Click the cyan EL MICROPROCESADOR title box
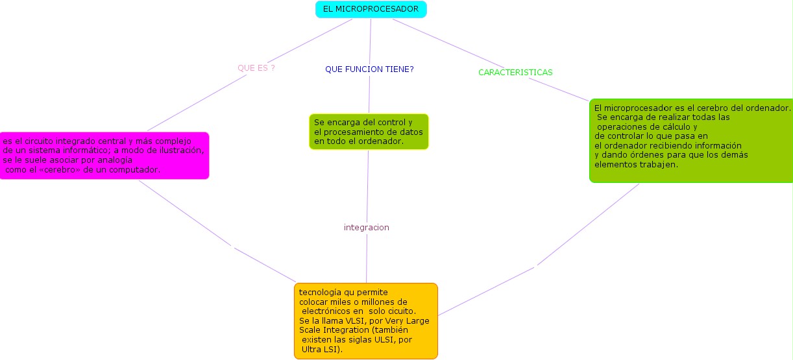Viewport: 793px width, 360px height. tap(371, 9)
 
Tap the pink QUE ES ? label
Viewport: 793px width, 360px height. tap(256, 67)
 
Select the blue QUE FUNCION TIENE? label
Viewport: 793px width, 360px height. tap(369, 69)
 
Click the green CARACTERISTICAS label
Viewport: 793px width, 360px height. tap(515, 72)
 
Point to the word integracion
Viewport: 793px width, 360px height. tap(366, 228)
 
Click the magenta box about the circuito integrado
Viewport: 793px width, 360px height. tap(104, 156)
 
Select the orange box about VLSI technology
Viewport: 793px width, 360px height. tap(366, 320)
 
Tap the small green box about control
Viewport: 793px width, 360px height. tap(369, 132)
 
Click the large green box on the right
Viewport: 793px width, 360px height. tap(691, 140)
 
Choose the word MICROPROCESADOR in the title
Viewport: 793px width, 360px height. tap(378, 9)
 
